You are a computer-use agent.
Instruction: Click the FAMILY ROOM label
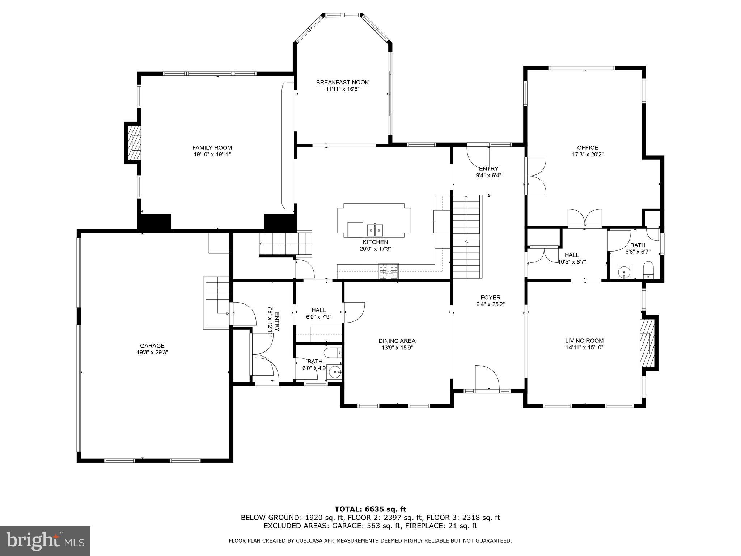[212, 148]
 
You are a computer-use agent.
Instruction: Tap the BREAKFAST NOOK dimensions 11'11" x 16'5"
[342, 89]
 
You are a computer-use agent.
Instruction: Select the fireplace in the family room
[135, 143]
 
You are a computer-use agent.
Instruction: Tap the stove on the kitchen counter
[389, 271]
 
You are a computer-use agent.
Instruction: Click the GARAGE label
[152, 346]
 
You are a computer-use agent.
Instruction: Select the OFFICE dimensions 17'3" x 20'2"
[588, 154]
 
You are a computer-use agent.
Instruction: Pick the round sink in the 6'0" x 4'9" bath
[335, 372]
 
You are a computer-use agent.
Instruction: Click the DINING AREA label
[397, 341]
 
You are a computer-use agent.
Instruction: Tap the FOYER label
[490, 298]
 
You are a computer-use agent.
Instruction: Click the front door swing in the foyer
[487, 378]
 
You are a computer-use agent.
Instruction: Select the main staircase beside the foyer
[467, 237]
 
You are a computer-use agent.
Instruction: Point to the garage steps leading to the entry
[217, 302]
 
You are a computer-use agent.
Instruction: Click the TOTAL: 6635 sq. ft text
[370, 510]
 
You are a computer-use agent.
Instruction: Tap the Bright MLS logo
[45, 541]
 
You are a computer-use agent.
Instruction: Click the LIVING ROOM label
[584, 341]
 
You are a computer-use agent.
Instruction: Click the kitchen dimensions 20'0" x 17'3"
[375, 249]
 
